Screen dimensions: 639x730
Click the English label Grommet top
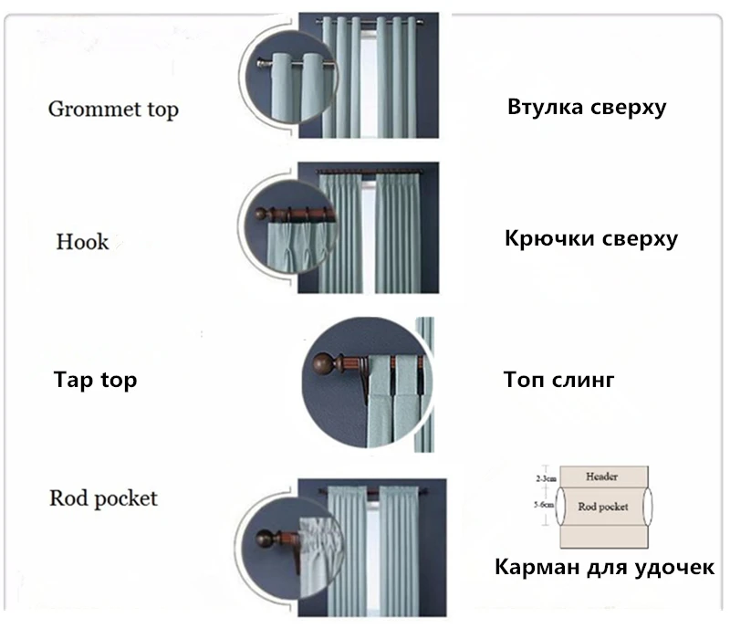click(112, 110)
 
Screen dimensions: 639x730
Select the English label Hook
click(82, 242)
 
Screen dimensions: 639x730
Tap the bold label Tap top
click(96, 379)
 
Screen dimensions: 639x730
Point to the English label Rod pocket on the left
click(103, 498)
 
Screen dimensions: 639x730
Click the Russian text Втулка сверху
click(587, 108)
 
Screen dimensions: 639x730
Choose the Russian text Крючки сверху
click(590, 240)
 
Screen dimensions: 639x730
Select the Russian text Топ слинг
click(558, 379)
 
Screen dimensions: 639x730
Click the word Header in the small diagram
click(602, 477)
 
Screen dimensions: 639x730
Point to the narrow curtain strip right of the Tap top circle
click(424, 383)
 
